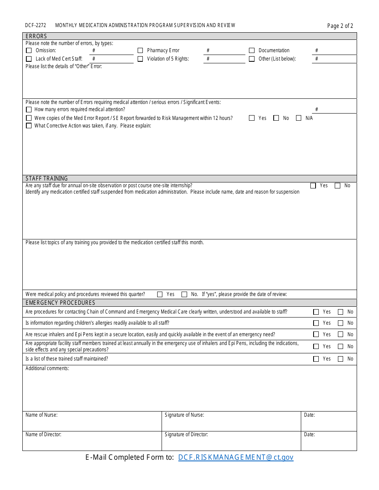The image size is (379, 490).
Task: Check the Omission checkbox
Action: [29, 51]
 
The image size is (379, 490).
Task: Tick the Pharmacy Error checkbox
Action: [140, 51]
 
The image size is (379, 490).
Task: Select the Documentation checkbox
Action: [252, 51]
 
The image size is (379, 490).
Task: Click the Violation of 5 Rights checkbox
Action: [140, 59]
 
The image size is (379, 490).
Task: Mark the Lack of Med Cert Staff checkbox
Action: [29, 59]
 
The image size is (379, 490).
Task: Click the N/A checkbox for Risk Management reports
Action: [299, 118]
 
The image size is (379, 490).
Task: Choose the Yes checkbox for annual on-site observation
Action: [313, 186]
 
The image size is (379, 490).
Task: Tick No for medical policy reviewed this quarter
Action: [184, 294]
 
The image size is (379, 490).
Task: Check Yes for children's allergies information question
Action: [316, 323]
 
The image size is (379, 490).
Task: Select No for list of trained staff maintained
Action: [340, 359]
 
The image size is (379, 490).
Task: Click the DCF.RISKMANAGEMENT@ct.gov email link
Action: [236, 457]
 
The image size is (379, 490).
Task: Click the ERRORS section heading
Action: [36, 36]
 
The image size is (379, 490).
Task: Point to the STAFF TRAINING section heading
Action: [47, 178]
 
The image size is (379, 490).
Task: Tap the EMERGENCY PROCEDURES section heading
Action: [60, 303]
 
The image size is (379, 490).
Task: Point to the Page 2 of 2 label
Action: [340, 26]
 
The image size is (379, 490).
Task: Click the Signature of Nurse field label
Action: [184, 415]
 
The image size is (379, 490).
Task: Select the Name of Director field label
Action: [43, 435]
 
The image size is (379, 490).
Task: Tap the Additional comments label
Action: [47, 368]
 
